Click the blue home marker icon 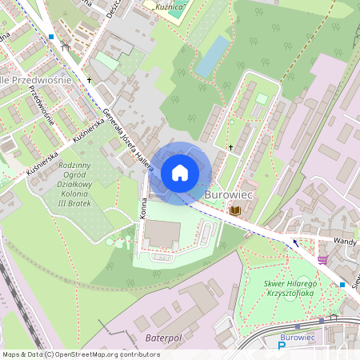click(x=180, y=172)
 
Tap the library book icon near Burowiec click(x=235, y=210)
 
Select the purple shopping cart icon click(x=322, y=259)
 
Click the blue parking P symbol click(x=281, y=346)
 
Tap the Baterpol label click(x=164, y=338)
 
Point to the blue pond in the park click(x=211, y=56)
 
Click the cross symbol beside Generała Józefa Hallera click(x=90, y=81)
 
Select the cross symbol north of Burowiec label click(x=230, y=147)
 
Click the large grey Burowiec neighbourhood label click(x=228, y=194)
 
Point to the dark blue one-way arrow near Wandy click(x=296, y=242)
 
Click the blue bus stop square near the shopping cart click(x=342, y=284)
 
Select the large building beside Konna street click(x=162, y=234)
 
